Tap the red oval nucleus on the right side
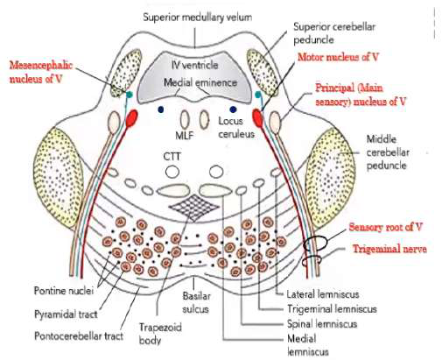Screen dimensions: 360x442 point(257,117)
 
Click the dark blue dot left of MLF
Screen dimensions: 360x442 point(161,109)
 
